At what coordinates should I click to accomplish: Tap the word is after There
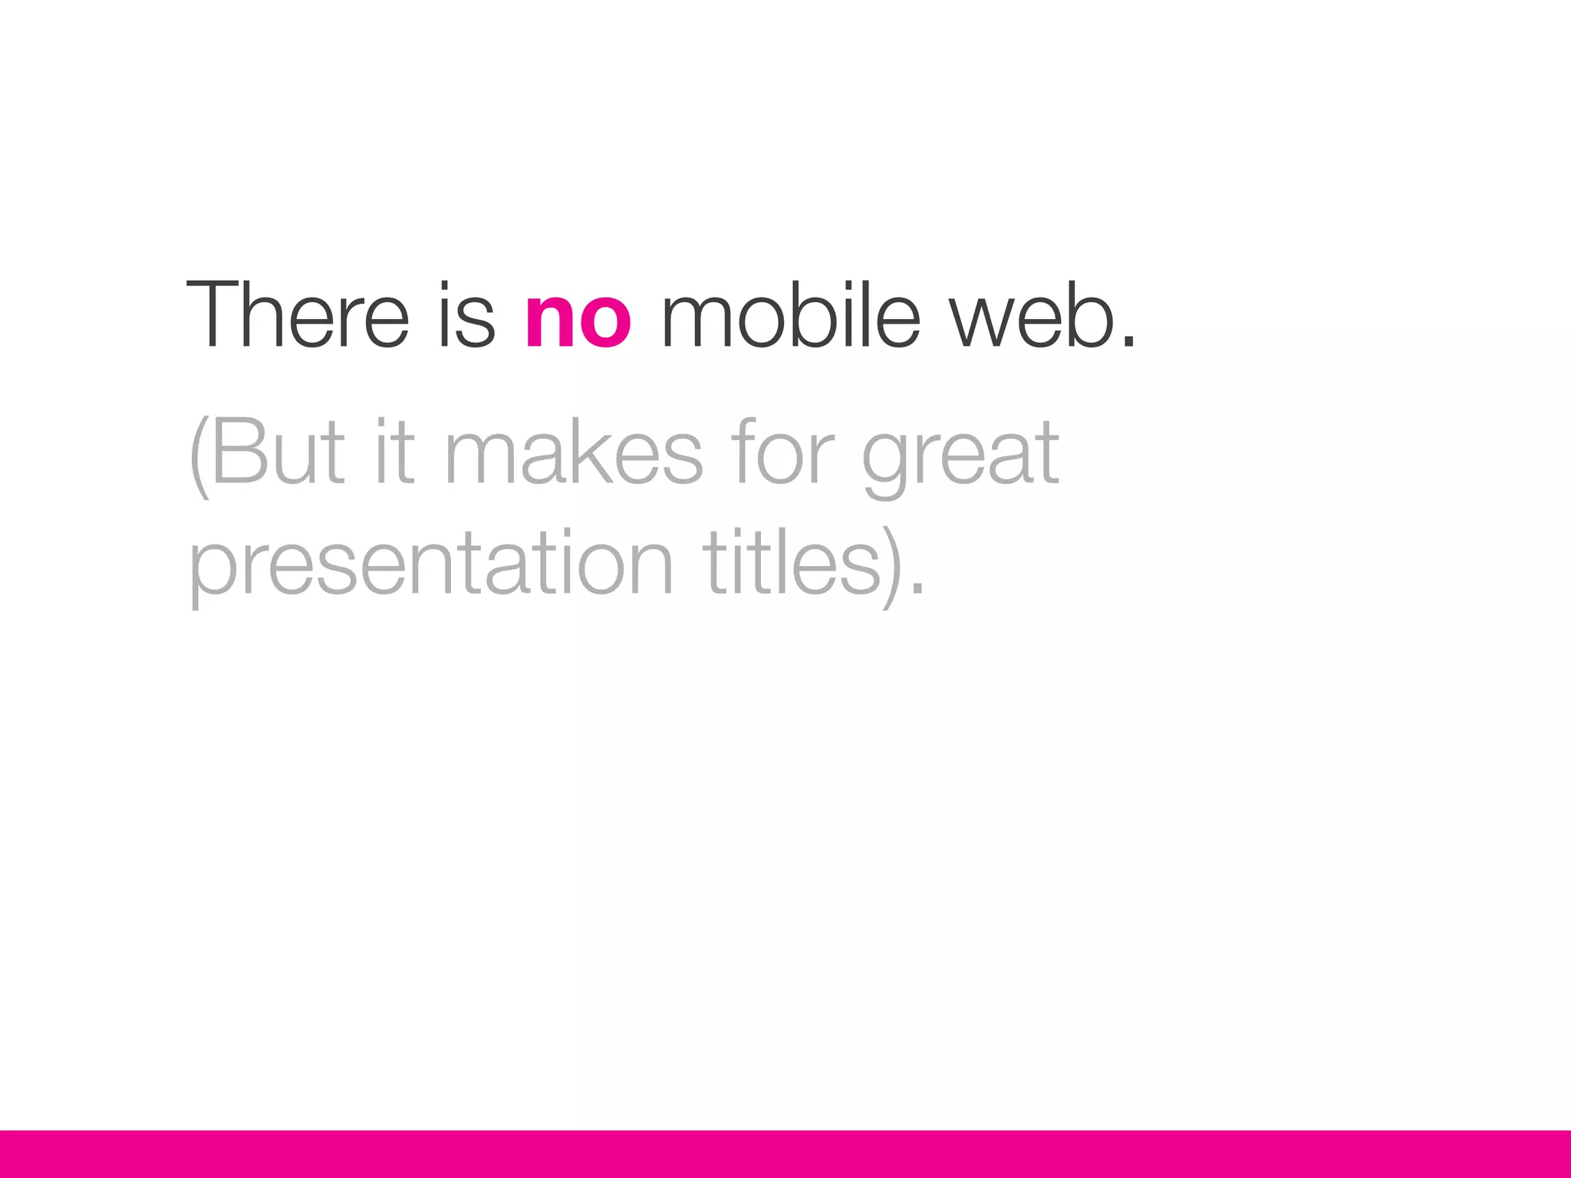click(466, 314)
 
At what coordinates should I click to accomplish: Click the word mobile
click(790, 314)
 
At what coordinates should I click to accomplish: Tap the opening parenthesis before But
click(199, 456)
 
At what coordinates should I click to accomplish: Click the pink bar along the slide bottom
click(785, 1153)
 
